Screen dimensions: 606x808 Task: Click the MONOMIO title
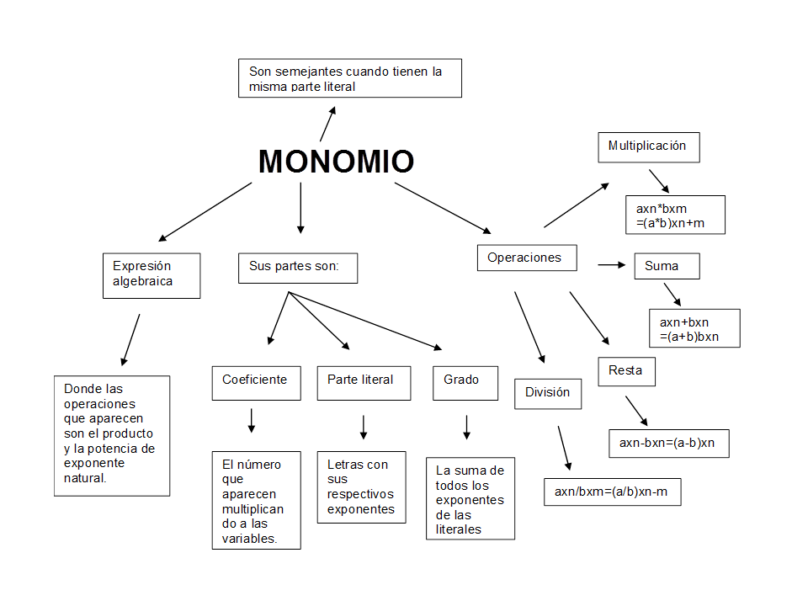click(336, 162)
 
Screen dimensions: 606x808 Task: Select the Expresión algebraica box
click(151, 275)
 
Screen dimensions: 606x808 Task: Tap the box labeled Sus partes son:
click(297, 267)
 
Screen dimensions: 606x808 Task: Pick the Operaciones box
click(527, 258)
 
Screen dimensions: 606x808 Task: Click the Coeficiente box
click(255, 380)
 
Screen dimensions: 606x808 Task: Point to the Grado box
click(465, 380)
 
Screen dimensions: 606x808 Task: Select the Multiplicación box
click(648, 146)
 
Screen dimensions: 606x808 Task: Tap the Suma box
click(667, 266)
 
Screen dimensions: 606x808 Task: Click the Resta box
click(626, 370)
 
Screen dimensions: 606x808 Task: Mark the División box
click(548, 392)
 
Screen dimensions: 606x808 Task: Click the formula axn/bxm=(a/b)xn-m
click(612, 492)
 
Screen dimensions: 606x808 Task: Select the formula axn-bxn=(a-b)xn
click(668, 443)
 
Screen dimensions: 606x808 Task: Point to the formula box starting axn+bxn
click(694, 329)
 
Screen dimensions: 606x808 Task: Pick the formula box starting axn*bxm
click(675, 215)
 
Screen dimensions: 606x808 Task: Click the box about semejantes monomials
click(350, 78)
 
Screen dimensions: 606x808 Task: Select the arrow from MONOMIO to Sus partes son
click(300, 207)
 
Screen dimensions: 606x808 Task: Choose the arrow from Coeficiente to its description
click(251, 420)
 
